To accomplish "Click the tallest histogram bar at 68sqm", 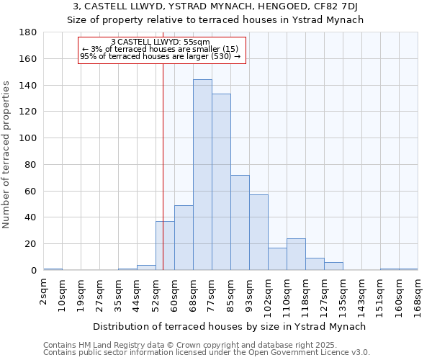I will pyautogui.click(x=202, y=175).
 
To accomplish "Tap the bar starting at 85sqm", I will pyautogui.click(x=240, y=222).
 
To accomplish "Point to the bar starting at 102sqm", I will pyautogui.click(x=277, y=259).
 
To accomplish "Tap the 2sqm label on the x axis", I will pyautogui.click(x=44, y=292).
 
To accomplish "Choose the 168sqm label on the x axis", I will pyautogui.click(x=418, y=294).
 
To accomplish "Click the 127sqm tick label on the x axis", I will pyautogui.click(x=325, y=294).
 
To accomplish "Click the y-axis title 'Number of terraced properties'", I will pyautogui.click(x=6, y=154).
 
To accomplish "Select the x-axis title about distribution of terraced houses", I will pyautogui.click(x=230, y=326).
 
